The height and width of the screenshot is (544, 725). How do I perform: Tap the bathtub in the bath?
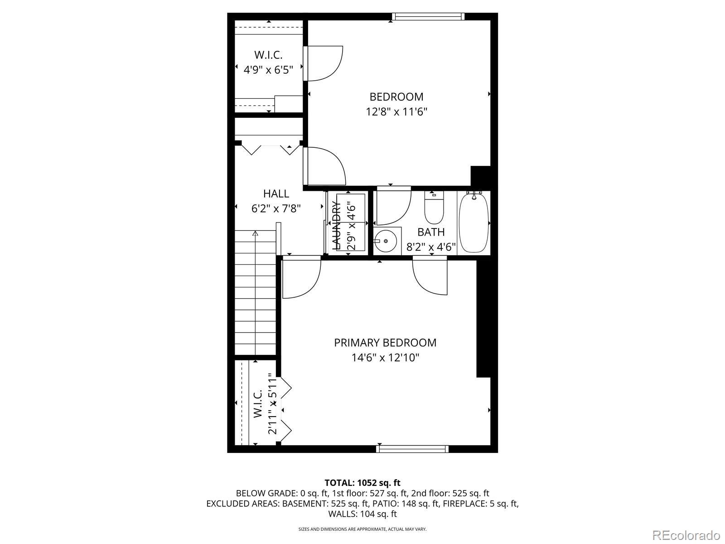pyautogui.click(x=474, y=223)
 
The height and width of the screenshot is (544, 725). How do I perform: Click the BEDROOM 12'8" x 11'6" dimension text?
pyautogui.click(x=396, y=112)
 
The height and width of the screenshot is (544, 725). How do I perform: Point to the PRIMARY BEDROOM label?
pyautogui.click(x=385, y=343)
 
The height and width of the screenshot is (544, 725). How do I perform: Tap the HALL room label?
pyautogui.click(x=276, y=193)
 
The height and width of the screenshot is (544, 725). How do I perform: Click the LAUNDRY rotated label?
pyautogui.click(x=336, y=226)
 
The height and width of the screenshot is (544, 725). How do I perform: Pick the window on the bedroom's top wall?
pyautogui.click(x=428, y=16)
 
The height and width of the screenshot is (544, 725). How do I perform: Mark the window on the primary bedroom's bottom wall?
pyautogui.click(x=412, y=449)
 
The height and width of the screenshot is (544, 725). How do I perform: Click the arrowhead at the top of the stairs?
pyautogui.click(x=255, y=233)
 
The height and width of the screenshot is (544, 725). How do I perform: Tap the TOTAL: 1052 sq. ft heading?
pyautogui.click(x=362, y=483)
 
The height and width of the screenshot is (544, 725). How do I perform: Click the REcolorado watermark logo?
pyautogui.click(x=686, y=534)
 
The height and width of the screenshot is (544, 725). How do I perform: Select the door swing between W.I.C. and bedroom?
pyautogui.click(x=324, y=63)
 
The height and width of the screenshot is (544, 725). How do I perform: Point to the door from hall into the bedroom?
pyautogui.click(x=325, y=166)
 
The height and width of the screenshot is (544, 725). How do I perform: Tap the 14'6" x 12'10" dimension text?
pyautogui.click(x=385, y=358)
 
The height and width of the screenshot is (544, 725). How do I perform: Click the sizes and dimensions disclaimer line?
pyautogui.click(x=362, y=529)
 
